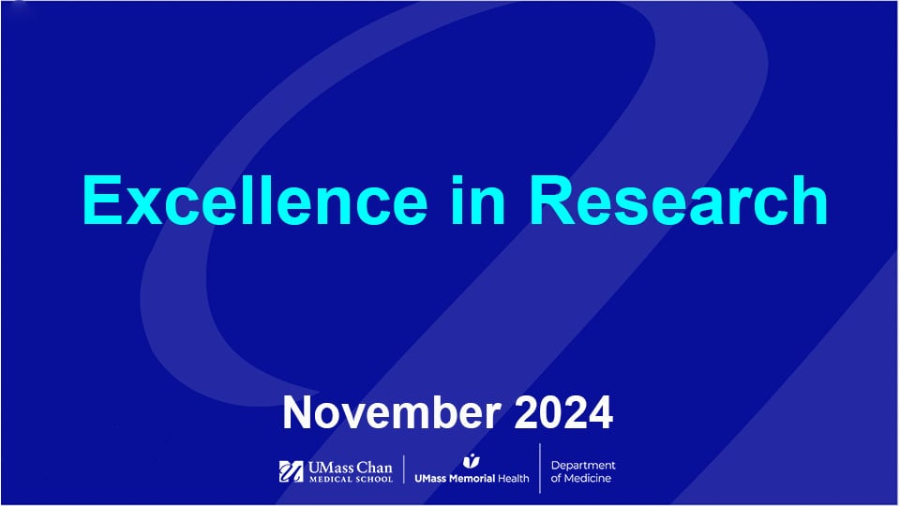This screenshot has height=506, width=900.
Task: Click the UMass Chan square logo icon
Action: coord(290,471)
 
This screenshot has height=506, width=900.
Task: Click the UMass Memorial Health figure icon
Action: coord(471,460)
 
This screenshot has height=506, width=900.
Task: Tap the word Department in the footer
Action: coord(583,466)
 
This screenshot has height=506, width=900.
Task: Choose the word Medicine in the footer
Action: coord(589,480)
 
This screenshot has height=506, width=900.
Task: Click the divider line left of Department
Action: coord(540,468)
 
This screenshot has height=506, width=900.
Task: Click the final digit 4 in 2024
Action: coord(600,412)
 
